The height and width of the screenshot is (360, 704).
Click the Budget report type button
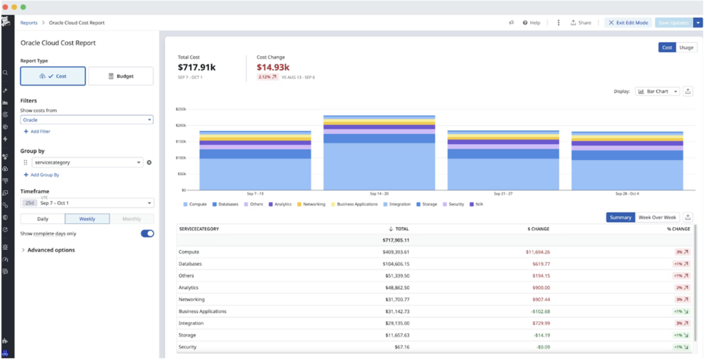point(120,76)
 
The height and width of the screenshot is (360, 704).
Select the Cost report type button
point(53,76)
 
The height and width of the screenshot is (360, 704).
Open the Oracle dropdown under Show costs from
point(87,120)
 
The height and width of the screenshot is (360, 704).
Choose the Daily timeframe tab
point(43,218)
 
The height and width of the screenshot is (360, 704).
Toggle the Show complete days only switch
point(147,234)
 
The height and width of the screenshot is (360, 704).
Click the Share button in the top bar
point(580,23)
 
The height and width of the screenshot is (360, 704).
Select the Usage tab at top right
point(686,47)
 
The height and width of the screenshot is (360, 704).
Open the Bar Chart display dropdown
point(657,91)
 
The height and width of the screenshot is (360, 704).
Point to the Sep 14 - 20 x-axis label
point(379,194)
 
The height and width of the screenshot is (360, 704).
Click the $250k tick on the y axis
point(181,109)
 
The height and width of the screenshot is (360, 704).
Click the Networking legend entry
point(313,205)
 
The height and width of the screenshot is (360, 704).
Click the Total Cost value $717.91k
point(197,67)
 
